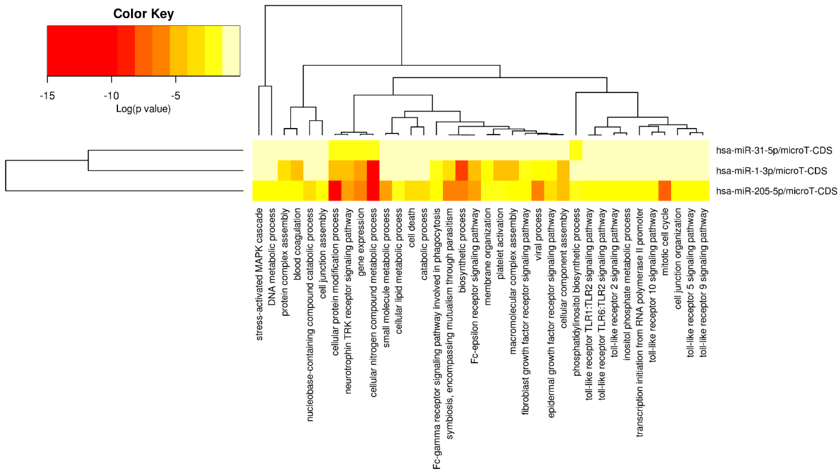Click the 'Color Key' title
(x=143, y=14)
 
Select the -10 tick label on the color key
(x=111, y=96)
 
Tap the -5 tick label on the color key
(x=175, y=96)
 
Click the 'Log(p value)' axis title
(x=143, y=109)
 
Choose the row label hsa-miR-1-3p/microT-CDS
(x=771, y=171)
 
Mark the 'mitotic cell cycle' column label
(x=665, y=242)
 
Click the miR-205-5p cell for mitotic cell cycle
(x=665, y=191)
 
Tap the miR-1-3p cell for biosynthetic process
(x=462, y=170)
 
